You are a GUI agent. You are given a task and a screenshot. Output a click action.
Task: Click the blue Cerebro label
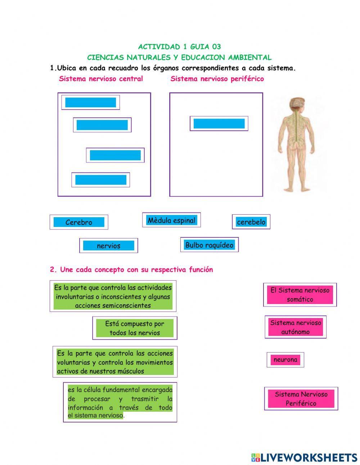79,222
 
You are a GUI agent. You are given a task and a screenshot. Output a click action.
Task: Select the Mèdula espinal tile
171,220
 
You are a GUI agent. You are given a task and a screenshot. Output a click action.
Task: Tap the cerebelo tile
251,222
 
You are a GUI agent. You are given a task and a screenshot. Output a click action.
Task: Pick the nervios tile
108,246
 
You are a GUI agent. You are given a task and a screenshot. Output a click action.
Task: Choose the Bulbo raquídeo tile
209,245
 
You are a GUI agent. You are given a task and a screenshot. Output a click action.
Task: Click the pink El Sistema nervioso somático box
300,295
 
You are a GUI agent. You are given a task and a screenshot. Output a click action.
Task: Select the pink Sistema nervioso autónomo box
296,327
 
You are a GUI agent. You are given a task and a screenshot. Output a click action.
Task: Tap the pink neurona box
285,359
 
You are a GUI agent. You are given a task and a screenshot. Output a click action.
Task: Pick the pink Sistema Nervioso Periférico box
301,399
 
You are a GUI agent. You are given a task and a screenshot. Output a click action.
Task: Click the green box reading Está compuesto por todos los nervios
135,328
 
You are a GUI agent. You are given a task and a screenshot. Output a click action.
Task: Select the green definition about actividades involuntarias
113,296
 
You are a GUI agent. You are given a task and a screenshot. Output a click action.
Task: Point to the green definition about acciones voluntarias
115,362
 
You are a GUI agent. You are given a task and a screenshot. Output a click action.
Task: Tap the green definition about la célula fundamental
120,402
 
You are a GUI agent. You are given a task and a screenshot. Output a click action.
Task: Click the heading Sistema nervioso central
101,79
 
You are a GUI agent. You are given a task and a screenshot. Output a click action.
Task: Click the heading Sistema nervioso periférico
217,79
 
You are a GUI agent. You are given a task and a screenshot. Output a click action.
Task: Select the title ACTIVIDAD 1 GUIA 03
179,47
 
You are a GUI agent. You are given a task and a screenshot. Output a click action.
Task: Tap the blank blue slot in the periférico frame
219,124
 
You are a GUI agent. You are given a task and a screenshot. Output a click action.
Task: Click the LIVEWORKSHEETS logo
304,457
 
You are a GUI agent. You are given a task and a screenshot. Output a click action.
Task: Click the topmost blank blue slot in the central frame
90,102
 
